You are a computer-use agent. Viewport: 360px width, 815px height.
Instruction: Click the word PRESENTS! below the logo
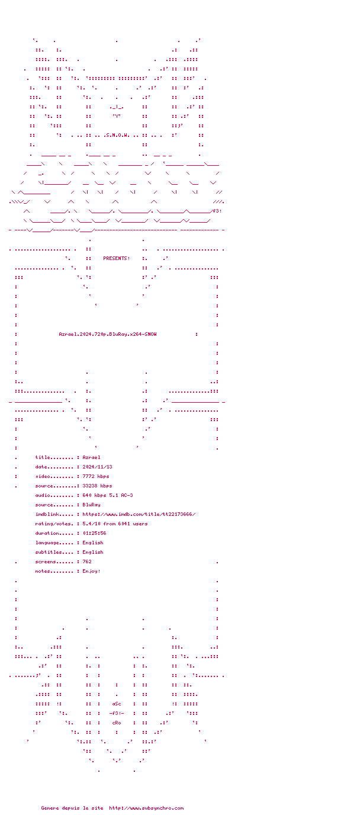(x=117, y=258)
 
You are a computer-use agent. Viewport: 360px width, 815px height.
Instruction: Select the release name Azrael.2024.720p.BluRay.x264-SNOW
(x=108, y=334)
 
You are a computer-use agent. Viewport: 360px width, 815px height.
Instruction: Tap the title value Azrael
(x=91, y=457)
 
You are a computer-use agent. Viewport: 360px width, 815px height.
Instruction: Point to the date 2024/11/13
(x=97, y=467)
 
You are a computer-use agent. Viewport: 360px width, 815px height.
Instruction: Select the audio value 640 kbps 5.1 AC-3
(x=108, y=495)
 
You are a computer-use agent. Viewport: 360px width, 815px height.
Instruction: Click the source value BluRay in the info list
(x=91, y=505)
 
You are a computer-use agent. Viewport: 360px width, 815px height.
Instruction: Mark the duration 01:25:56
(x=94, y=533)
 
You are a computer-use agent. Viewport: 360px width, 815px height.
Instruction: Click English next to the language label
(x=93, y=543)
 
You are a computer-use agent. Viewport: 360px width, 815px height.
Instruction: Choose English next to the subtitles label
(x=93, y=552)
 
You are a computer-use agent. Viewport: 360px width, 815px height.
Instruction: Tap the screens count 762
(x=87, y=561)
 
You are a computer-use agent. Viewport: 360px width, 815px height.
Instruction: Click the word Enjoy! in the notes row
(x=91, y=571)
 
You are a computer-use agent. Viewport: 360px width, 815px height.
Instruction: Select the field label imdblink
(x=47, y=514)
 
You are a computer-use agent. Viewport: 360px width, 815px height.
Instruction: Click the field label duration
(x=47, y=533)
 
